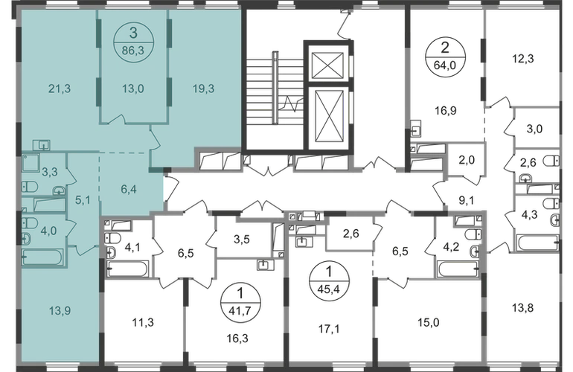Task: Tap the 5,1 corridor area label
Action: coord(83,199)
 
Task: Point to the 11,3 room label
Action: coord(140,322)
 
